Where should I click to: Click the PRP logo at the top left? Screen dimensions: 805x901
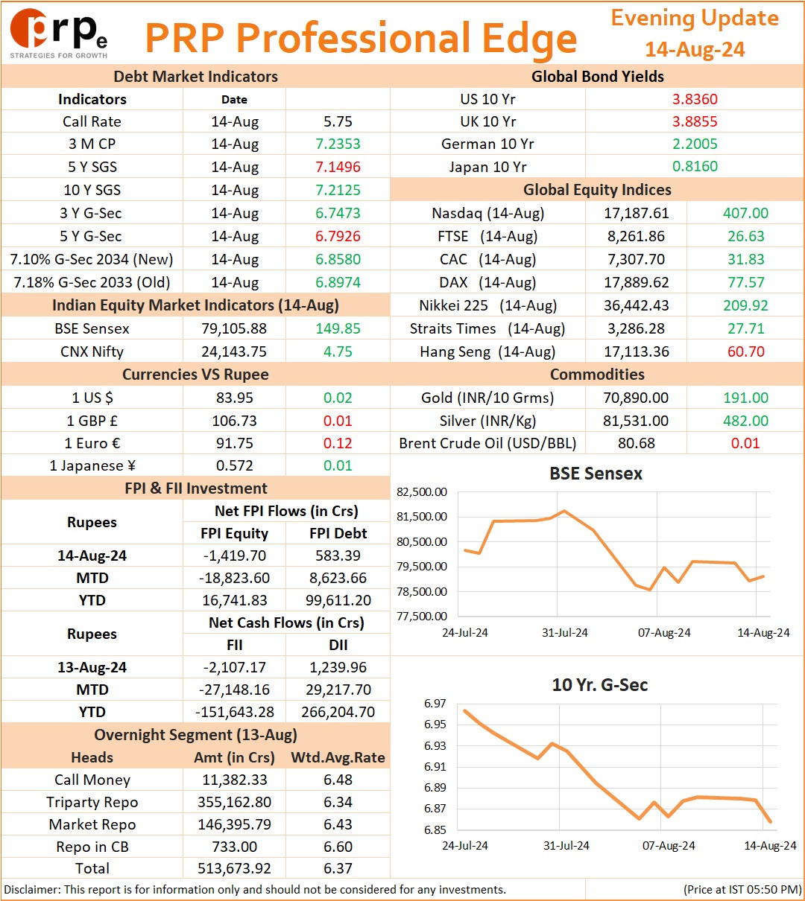[x=59, y=34]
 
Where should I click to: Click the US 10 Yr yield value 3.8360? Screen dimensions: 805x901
[x=695, y=99]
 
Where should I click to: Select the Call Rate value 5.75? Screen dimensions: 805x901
[x=338, y=121]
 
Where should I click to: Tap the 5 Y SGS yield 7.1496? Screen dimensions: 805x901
[x=338, y=167]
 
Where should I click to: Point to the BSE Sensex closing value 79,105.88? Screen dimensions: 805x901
[x=234, y=328]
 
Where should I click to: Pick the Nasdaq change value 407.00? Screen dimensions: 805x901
[x=745, y=213]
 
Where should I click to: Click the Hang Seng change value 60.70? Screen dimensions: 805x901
[x=746, y=351]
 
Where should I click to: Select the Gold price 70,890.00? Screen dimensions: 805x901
[x=636, y=398]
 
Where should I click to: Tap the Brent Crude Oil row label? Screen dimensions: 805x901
[x=487, y=443]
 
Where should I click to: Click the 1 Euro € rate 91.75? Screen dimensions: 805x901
[x=234, y=443]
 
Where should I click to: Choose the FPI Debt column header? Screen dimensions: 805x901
[x=338, y=533]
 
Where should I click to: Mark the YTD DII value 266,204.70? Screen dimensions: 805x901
[x=338, y=712]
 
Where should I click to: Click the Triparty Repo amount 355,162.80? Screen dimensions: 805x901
[x=234, y=802]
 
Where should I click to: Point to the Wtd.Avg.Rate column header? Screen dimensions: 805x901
[x=338, y=757]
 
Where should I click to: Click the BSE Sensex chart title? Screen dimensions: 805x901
[x=596, y=474]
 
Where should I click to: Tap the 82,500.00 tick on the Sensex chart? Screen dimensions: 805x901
[x=422, y=492]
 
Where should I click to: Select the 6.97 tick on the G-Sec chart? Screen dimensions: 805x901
[x=435, y=703]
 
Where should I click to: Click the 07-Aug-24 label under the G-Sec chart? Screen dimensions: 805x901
[x=669, y=845]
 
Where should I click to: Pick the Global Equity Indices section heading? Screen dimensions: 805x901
[x=597, y=190]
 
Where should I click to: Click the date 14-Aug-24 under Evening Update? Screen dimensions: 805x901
[x=695, y=49]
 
